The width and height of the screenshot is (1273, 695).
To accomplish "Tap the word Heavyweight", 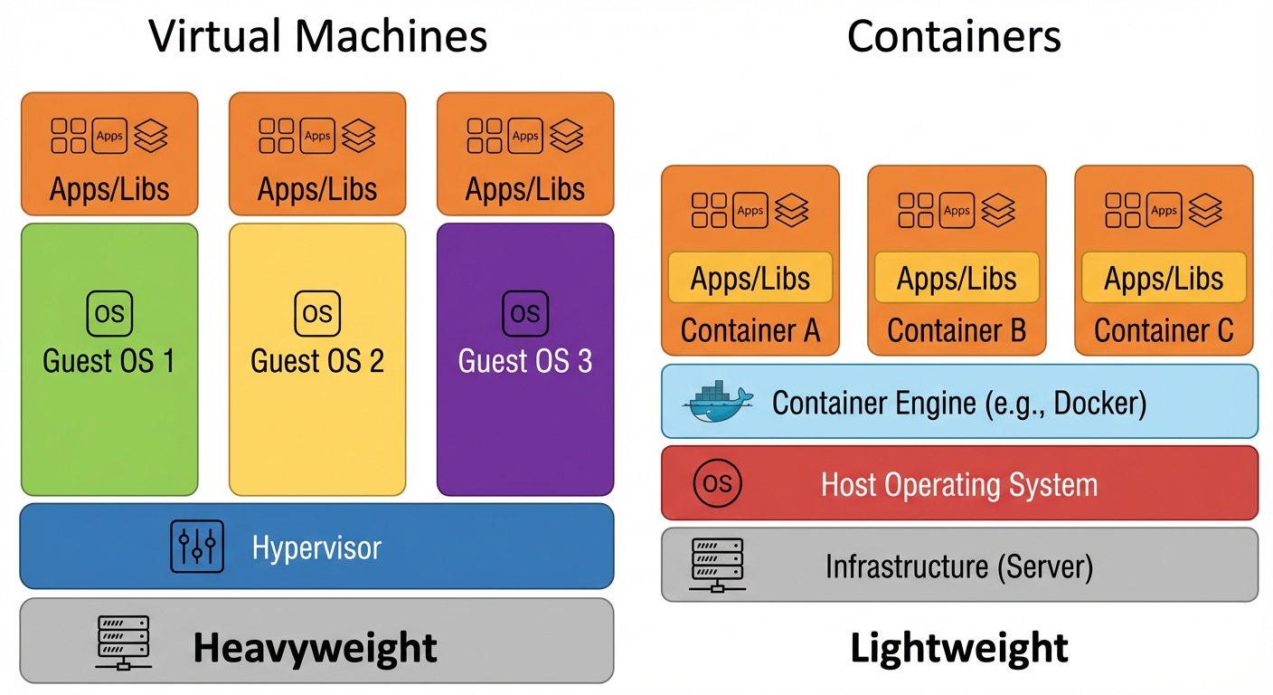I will [x=315, y=648].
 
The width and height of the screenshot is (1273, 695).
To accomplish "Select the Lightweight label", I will [x=959, y=648].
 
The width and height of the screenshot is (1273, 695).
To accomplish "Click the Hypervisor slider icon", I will [x=197, y=547].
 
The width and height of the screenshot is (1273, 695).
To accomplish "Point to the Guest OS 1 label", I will [x=109, y=361].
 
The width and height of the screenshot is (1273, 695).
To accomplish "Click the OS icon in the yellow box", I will [x=317, y=314].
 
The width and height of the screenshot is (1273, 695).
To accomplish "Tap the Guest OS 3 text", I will [x=525, y=361].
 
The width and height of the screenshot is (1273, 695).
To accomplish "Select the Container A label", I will [x=750, y=331].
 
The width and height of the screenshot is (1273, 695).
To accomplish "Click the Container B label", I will [x=957, y=331].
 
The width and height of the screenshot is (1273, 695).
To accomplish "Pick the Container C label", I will [x=1164, y=331].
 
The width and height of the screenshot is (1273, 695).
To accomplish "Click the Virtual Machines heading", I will [x=317, y=36].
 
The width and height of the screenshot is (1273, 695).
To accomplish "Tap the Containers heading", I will [x=954, y=36].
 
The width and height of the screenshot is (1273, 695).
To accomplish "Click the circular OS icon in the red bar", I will [x=717, y=483].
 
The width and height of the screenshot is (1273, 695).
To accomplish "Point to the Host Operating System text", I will [x=958, y=484].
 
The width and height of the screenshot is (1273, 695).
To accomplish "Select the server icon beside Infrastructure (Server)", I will [x=717, y=566].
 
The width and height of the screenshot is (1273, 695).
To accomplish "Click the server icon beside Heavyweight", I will [x=122, y=643].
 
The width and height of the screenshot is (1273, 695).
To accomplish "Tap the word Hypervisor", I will [x=316, y=547].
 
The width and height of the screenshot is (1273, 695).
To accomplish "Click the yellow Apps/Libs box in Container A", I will [x=750, y=278].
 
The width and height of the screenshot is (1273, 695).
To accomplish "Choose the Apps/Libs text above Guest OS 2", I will [x=317, y=189].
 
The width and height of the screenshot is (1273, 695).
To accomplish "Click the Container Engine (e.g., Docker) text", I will [x=958, y=403].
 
